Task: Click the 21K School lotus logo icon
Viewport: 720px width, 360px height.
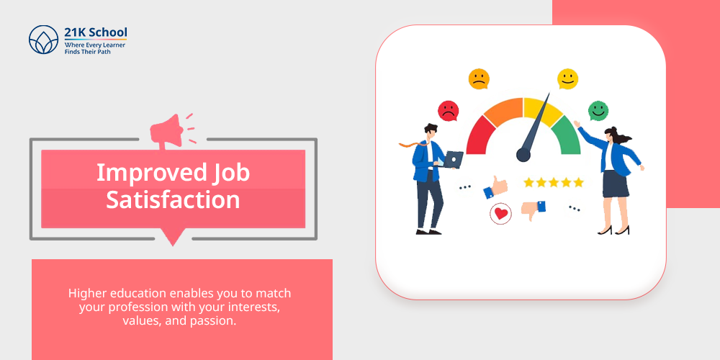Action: coord(44,40)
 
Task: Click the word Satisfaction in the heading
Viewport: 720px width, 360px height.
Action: coord(173,200)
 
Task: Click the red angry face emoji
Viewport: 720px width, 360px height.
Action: coord(448,111)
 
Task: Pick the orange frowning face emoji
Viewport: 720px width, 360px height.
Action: coord(479,79)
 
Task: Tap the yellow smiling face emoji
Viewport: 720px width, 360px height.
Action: coord(567,79)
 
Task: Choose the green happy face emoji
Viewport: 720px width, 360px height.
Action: coord(598,111)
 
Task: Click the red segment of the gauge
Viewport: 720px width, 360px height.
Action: coord(480,136)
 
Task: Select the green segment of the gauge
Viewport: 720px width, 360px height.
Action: coord(567,136)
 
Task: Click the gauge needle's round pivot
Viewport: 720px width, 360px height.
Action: coord(523,155)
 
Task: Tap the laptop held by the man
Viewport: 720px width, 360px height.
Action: coord(453,159)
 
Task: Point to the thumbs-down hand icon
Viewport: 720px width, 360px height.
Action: coord(534,210)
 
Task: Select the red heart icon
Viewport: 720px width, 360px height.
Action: coord(500,214)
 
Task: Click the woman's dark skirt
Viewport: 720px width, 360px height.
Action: coord(616,183)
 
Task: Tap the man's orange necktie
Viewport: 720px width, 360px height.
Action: coord(415,143)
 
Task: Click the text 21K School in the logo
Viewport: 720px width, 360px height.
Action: coord(96,32)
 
